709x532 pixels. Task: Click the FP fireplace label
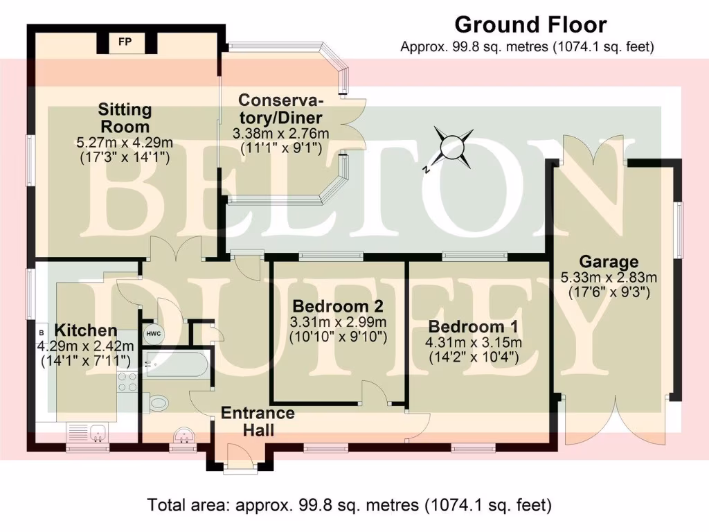coord(125,43)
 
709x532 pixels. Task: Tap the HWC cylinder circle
coord(152,333)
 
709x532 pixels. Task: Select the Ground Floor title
coord(530,26)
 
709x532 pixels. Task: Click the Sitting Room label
coord(125,118)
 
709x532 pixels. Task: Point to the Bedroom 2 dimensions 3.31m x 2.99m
coord(339,322)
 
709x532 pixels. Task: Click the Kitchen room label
coord(86,330)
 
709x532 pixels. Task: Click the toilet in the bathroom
coord(158,402)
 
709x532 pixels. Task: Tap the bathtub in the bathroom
coord(177,364)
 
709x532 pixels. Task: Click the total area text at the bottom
coord(350,505)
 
